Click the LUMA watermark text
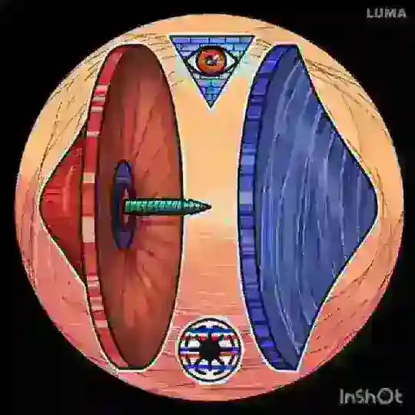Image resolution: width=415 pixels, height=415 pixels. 387,13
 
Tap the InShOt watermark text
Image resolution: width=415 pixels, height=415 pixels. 371,397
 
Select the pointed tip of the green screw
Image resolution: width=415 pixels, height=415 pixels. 210,207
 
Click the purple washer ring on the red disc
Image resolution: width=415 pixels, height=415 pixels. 124,204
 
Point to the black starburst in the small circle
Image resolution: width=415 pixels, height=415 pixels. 210,350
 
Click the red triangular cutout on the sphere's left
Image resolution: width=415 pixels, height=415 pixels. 65,204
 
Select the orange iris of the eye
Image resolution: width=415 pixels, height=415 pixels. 211,61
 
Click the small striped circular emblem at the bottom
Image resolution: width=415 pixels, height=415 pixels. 210,350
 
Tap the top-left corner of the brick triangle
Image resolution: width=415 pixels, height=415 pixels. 171,36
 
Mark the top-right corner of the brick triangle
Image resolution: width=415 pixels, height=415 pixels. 254,36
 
